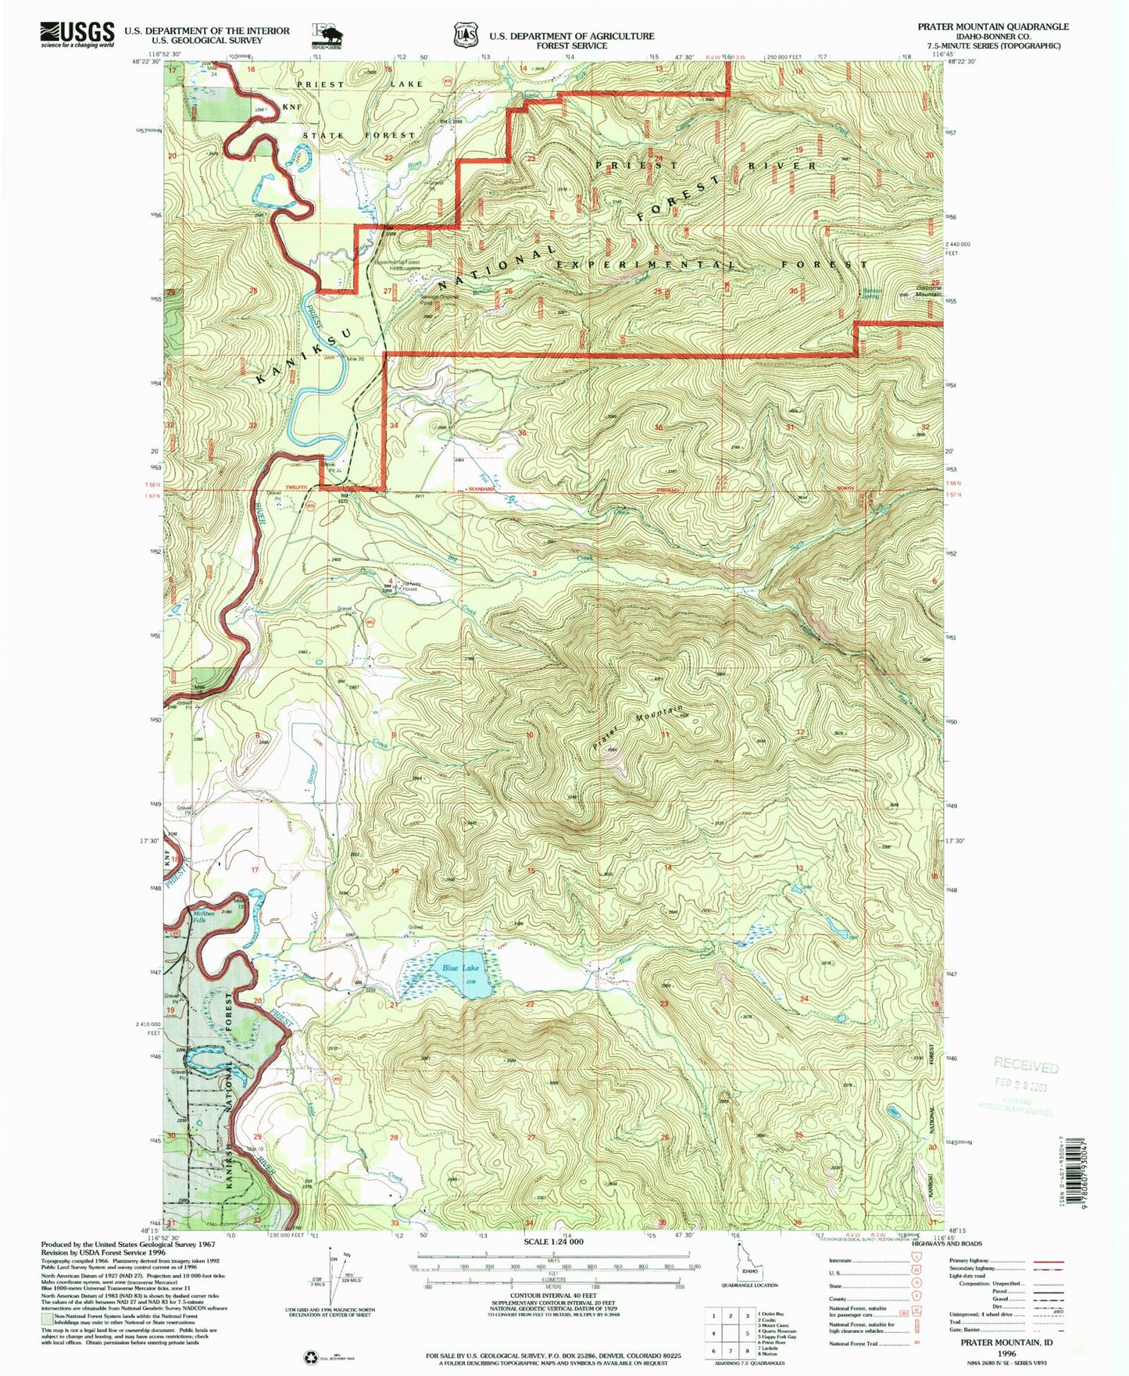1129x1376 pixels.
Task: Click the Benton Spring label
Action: point(872,294)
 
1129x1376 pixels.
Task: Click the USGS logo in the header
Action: point(77,34)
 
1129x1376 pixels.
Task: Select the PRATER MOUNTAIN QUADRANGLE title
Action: point(993,27)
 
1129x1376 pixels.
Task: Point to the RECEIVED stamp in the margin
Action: point(1026,1065)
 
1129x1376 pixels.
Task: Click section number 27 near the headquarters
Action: point(388,291)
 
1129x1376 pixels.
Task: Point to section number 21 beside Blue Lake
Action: point(393,1006)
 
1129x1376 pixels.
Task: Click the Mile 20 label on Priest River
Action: point(356,359)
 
